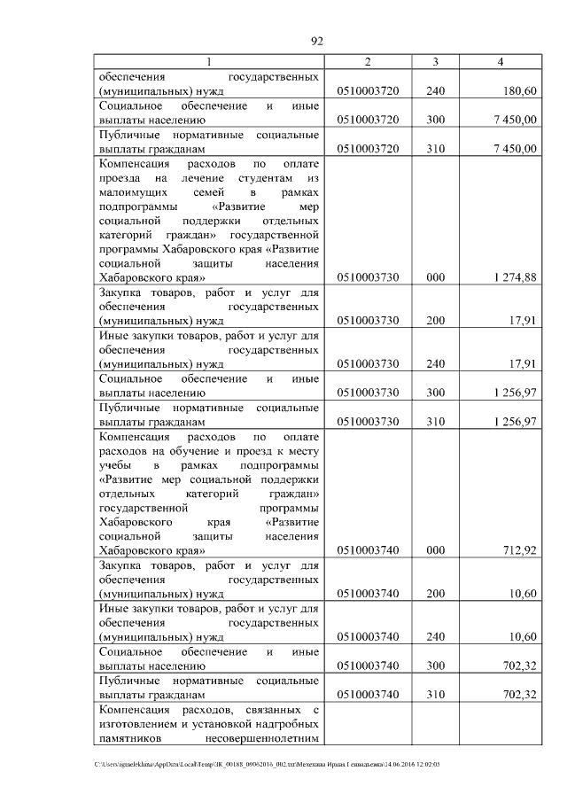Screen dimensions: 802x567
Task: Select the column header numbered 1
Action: [210, 61]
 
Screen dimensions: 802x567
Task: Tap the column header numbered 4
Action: [501, 61]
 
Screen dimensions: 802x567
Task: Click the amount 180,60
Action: [518, 90]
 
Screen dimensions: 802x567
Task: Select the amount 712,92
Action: [518, 550]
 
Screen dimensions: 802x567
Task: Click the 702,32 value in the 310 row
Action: [518, 695]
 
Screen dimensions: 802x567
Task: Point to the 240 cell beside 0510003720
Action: [435, 90]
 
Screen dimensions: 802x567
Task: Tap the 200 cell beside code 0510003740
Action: [435, 594]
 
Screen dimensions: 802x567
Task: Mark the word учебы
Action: [116, 465]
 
